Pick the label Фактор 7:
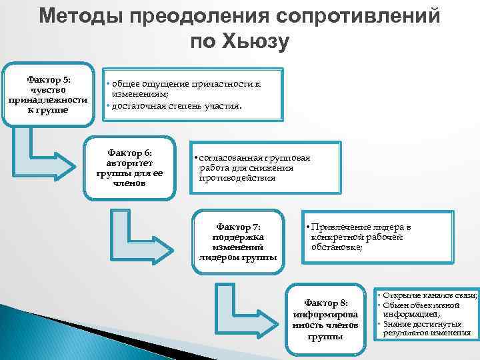click(x=237, y=226)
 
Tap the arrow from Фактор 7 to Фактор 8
click(x=240, y=307)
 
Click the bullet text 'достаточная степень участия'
click(x=177, y=106)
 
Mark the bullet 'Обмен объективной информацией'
click(x=421, y=309)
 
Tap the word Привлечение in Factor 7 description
click(x=340, y=227)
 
